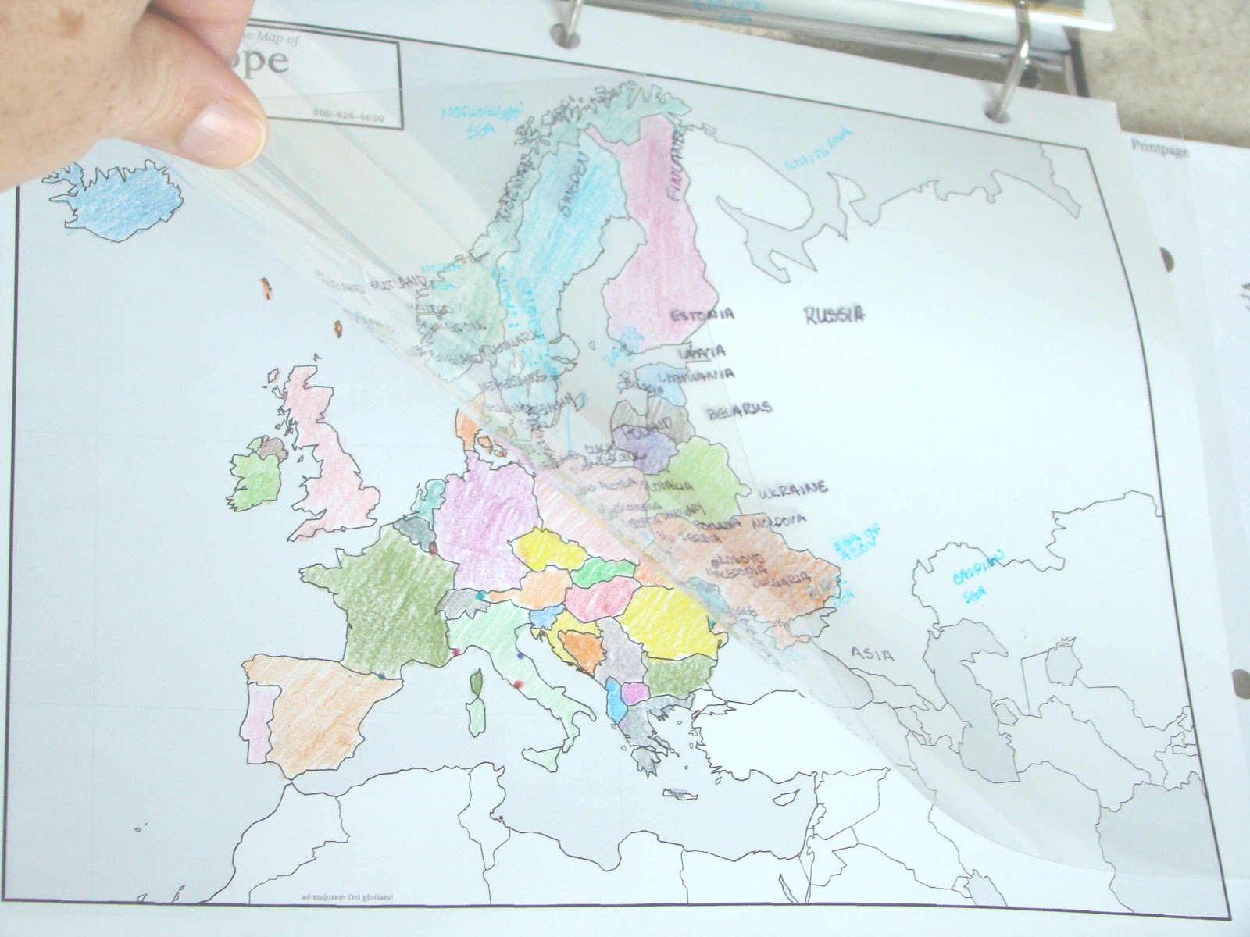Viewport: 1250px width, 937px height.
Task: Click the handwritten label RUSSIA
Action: [x=834, y=315]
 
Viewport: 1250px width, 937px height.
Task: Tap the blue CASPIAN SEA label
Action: [x=977, y=578]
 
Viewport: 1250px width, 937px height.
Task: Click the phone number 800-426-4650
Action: [x=348, y=116]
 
